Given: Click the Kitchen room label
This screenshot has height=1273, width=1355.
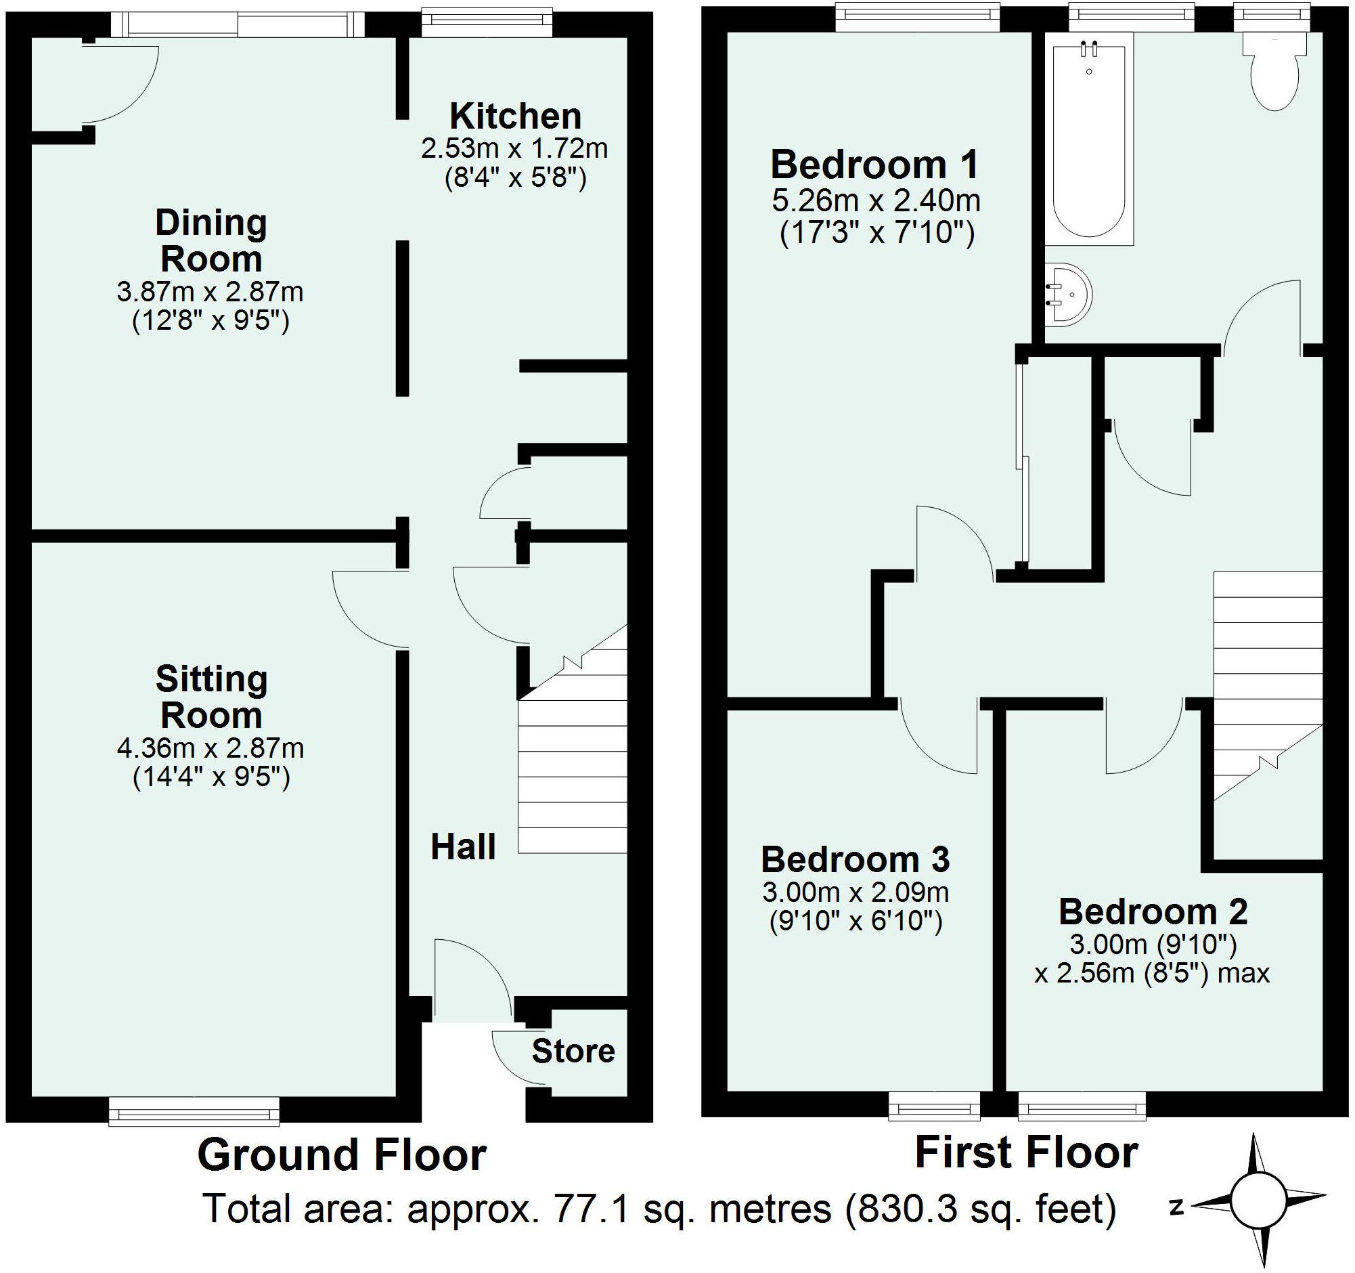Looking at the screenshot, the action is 515,116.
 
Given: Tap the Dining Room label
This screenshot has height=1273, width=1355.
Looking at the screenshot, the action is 210,240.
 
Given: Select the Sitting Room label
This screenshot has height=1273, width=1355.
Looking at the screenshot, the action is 211,697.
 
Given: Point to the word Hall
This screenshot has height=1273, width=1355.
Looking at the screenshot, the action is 464,847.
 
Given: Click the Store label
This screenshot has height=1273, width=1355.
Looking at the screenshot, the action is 573,1052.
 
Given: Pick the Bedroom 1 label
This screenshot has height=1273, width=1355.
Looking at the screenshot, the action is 874,165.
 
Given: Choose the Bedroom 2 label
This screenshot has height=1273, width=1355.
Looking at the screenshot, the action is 1153,911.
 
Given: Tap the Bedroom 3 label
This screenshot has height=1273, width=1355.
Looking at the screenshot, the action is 856,859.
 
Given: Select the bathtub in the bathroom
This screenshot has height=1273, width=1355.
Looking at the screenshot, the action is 1089,145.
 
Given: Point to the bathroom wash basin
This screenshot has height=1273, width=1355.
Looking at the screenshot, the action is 1069,295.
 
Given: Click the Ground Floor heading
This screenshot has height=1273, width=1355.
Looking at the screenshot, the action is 342,1155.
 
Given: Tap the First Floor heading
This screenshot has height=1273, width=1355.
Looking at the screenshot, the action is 1027,1152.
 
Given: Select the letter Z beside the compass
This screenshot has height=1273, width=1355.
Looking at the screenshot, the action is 1176,1208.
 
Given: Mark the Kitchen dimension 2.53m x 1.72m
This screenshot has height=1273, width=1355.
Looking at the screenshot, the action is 514,148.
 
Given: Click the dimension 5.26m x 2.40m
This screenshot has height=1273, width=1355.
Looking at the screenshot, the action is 876,200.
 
